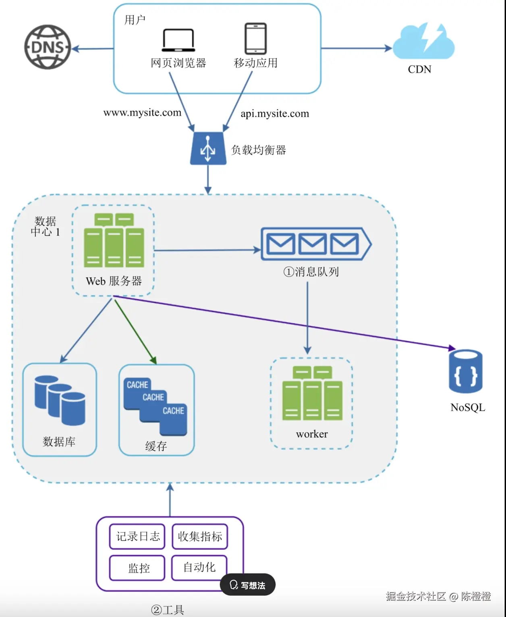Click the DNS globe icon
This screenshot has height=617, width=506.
tap(48, 47)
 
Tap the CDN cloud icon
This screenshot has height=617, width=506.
tap(423, 42)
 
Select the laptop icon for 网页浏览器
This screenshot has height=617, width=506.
tap(178, 40)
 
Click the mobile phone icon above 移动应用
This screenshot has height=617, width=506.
tap(255, 39)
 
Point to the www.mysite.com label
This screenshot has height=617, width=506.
tap(142, 112)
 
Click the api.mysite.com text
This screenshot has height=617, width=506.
tap(275, 114)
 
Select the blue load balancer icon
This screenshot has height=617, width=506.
tap(208, 149)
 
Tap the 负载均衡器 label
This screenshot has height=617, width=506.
tap(258, 150)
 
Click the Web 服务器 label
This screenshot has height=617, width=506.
tap(114, 281)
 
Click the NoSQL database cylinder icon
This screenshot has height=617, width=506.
tap(465, 371)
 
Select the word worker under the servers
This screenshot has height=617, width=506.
tap(312, 434)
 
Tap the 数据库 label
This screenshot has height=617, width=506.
tap(59, 442)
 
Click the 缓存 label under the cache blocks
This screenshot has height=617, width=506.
tap(156, 446)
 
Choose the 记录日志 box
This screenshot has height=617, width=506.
tap(137, 536)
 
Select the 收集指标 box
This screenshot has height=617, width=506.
tap(200, 536)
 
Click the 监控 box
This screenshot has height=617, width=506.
tap(137, 568)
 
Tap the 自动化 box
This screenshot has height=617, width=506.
tap(199, 567)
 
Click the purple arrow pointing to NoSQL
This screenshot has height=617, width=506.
tap(282, 321)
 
